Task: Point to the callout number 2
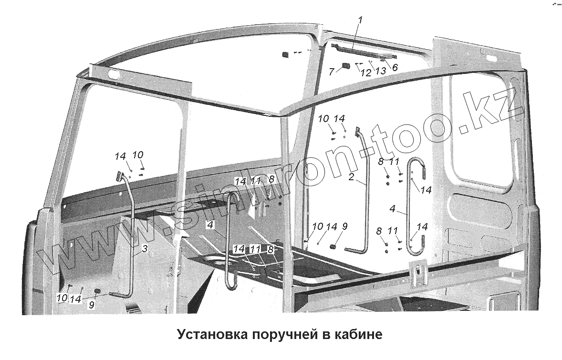tap(351, 177)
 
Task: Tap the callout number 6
tap(395, 67)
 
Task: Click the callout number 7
tap(331, 72)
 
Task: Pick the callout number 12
tap(365, 73)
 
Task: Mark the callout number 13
tap(380, 71)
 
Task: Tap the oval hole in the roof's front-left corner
tap(114, 75)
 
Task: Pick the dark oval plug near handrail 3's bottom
tap(98, 290)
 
